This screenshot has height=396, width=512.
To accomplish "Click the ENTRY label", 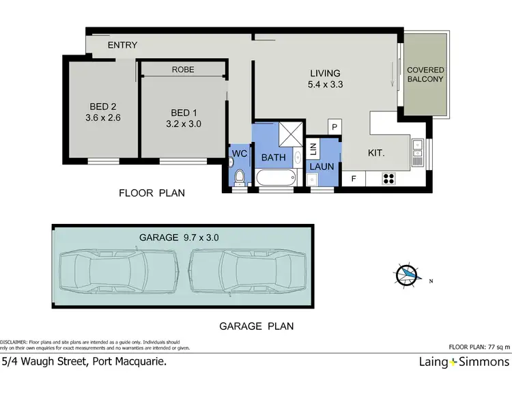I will (123, 45).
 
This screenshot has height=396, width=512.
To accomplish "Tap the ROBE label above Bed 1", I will (183, 69).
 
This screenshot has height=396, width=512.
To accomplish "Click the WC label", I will (239, 153).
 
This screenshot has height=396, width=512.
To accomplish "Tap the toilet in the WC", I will (239, 178).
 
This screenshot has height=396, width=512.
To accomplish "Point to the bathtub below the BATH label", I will (277, 178).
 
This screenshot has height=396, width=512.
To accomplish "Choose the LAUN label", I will (322, 165).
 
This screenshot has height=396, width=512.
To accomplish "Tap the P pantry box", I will (335, 126).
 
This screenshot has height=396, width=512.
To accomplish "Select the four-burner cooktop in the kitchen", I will (390, 180).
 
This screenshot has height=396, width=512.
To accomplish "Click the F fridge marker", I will (353, 180).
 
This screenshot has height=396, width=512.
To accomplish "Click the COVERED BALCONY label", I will (425, 74).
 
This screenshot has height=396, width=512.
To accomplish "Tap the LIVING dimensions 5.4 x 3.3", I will (325, 85).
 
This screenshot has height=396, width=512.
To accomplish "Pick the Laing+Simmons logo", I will (464, 362).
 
